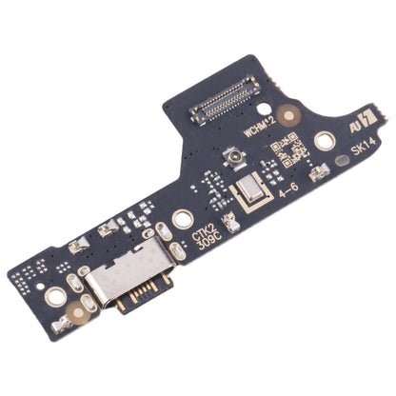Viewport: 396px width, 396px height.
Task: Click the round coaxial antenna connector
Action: [x=229, y=155]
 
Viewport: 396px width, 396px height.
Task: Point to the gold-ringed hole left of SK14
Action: [x=325, y=142]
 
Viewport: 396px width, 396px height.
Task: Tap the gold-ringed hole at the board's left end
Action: [x=56, y=297]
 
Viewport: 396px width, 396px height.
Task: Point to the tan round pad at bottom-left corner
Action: [x=62, y=324]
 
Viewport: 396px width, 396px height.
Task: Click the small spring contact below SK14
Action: [x=319, y=172]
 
